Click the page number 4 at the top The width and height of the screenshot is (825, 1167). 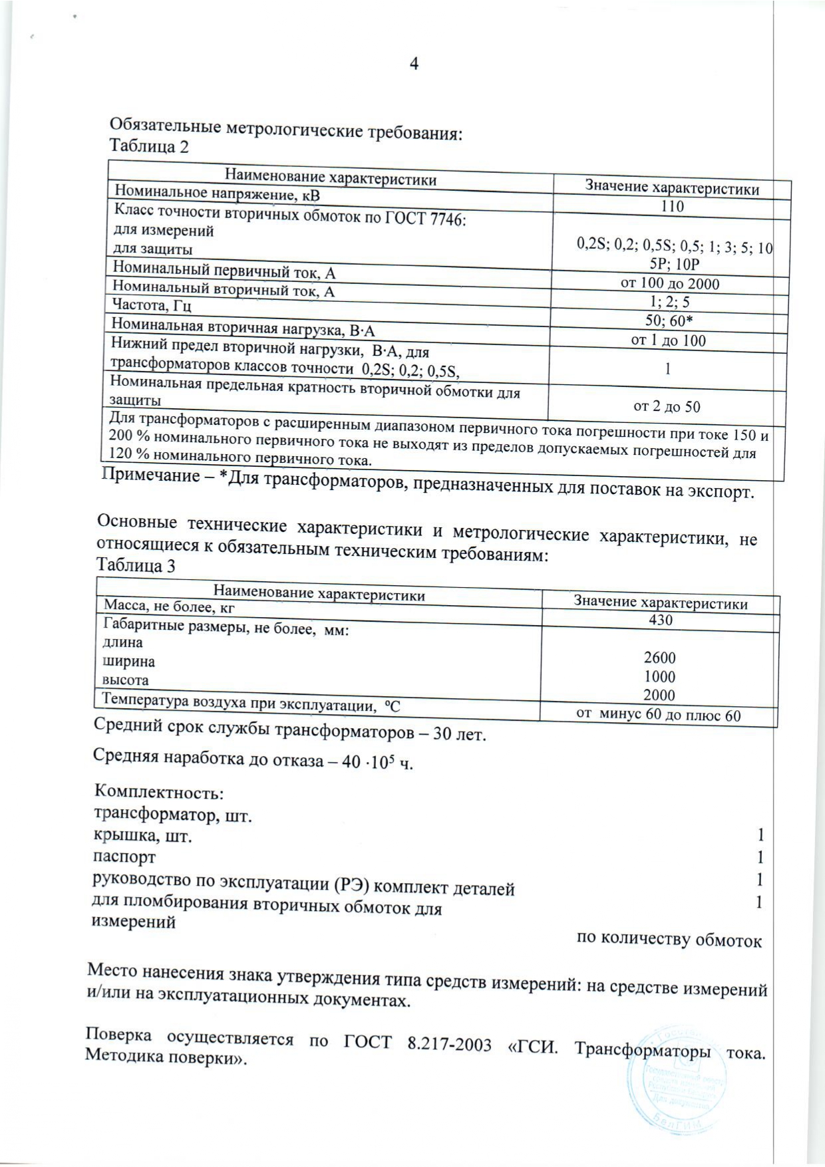pos(414,64)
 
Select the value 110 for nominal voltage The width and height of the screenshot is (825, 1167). pos(672,207)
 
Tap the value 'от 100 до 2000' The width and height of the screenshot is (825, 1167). pos(670,284)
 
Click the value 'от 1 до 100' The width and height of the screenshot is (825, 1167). pos(668,341)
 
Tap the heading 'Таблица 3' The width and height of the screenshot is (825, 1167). pos(136,566)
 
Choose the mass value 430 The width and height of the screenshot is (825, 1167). pos(660,620)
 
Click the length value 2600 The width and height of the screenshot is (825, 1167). pos(659,658)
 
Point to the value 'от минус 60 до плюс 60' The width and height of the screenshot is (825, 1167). pos(658,715)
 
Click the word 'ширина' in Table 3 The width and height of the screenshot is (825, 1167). pos(128,662)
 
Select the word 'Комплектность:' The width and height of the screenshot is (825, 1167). pos(159,792)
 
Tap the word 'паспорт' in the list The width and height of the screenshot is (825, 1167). pos(124,857)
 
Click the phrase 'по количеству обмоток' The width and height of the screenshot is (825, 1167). pos(669,940)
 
